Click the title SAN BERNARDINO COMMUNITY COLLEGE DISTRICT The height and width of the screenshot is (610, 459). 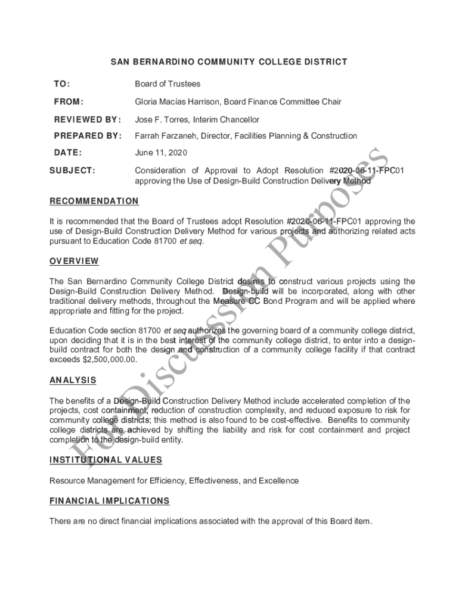click(x=229, y=62)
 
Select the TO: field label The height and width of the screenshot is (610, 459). click(x=61, y=84)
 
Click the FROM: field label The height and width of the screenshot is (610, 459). click(x=69, y=102)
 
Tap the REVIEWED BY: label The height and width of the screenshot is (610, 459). click(x=87, y=120)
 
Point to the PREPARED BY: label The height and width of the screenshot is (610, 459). click(x=87, y=136)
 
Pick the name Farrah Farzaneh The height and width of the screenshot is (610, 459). click(x=165, y=136)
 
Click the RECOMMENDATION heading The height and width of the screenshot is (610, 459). click(x=94, y=201)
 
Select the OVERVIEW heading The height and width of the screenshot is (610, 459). click(x=74, y=261)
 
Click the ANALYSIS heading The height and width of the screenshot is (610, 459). click(x=73, y=380)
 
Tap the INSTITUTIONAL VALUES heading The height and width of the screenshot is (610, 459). click(x=106, y=460)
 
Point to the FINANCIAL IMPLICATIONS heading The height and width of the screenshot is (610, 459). click(x=110, y=501)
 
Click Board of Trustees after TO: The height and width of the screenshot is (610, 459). click(x=168, y=84)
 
